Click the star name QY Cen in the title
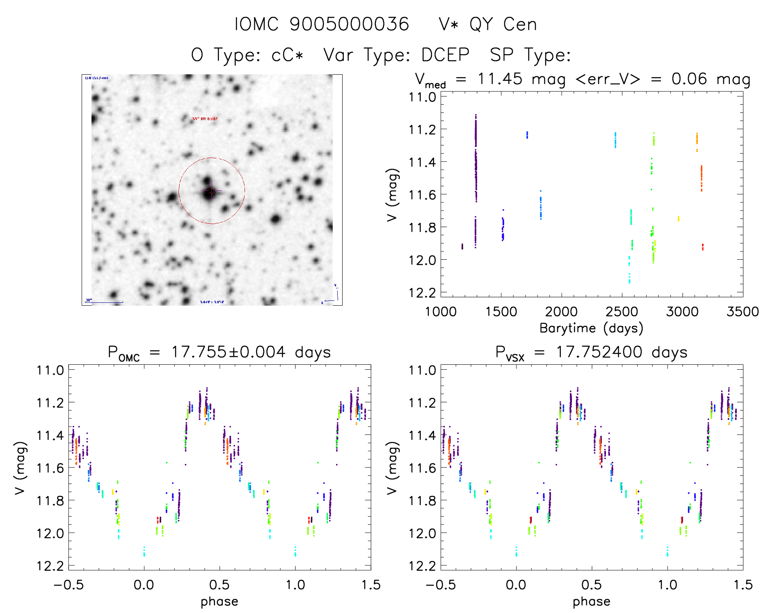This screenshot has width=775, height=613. pos(503,25)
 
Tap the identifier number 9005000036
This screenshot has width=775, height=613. pos(349,25)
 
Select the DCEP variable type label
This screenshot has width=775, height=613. pos(446,55)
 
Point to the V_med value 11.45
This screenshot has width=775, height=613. pos(500,79)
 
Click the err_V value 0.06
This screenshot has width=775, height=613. pos(689,79)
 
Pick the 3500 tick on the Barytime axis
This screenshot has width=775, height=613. pos(743,311)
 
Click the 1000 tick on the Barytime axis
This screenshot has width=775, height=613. pos(441,311)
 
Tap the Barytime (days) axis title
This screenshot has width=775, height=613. pos(591,328)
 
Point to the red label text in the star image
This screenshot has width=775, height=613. pos(205,119)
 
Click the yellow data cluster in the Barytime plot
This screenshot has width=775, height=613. pos(678,218)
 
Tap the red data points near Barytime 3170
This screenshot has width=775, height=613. pos(703,247)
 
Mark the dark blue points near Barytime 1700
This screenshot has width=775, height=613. pos(527,135)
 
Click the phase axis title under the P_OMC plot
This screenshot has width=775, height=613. pos(219,602)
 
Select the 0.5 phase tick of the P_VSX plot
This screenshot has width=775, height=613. pos(592,585)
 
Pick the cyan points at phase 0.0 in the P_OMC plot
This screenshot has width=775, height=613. pos(144,551)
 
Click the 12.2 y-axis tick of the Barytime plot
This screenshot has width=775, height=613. pos(422,293)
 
